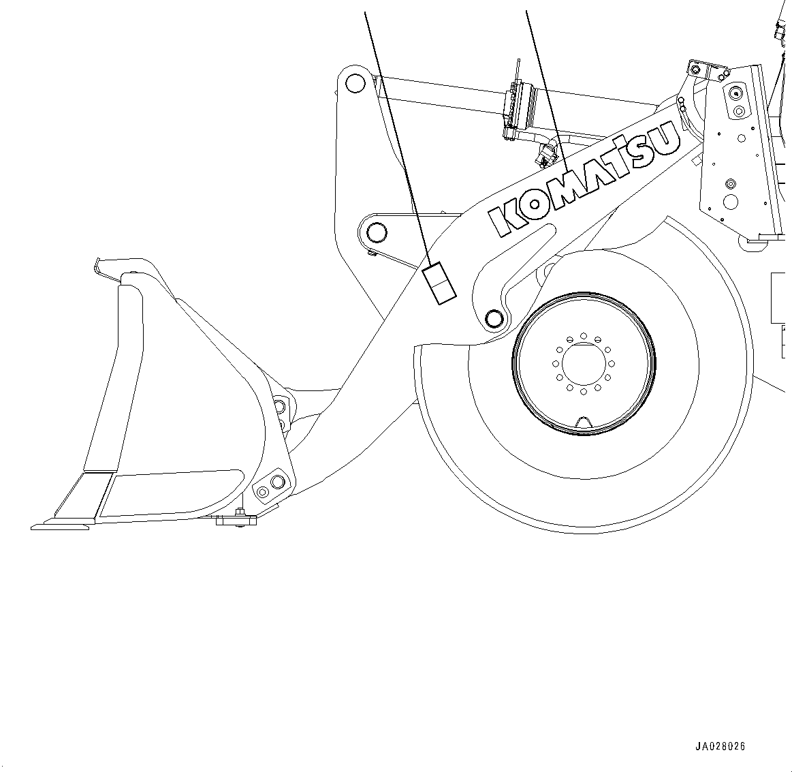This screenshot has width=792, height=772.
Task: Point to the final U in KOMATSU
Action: (666, 138)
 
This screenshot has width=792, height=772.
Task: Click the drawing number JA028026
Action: (720, 746)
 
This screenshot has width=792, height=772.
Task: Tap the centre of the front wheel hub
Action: (584, 362)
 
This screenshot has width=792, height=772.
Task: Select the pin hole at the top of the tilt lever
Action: (354, 83)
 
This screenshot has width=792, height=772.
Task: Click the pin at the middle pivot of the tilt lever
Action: (375, 233)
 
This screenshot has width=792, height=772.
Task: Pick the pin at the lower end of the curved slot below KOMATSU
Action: (494, 318)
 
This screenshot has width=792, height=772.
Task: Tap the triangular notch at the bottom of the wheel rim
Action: (584, 422)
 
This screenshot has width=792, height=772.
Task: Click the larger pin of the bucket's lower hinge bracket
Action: (276, 482)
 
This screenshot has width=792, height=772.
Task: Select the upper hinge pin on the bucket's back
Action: (279, 407)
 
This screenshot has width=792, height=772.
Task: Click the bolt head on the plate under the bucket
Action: (240, 512)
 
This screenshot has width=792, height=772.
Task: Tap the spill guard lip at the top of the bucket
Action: (109, 266)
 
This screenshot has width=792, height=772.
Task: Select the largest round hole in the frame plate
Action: (731, 202)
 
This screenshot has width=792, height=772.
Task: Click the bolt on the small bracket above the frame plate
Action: (695, 70)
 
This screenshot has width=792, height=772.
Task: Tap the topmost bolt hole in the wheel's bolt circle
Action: (584, 336)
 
